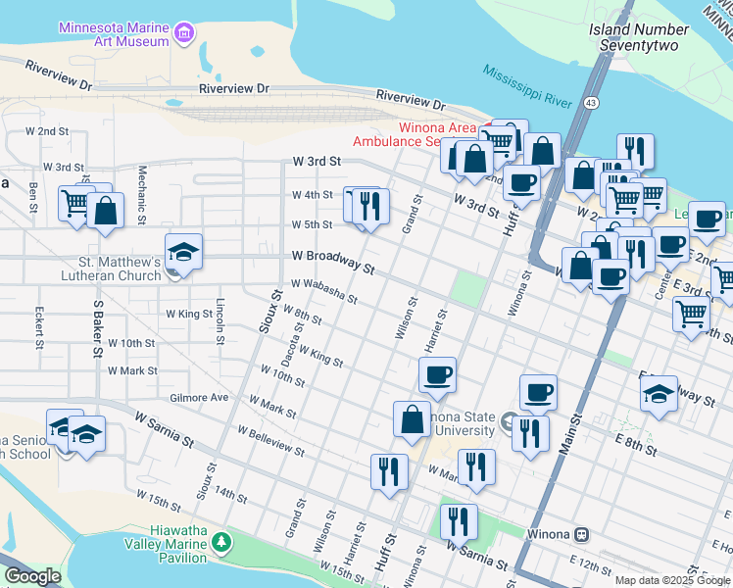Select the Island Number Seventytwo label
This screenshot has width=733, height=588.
pyautogui.click(x=639, y=37)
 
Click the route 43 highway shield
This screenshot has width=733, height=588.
pyautogui.click(x=591, y=102)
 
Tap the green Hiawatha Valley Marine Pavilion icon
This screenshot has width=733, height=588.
pyautogui.click(x=222, y=542)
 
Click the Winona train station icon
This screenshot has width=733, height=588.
pyautogui.click(x=581, y=535)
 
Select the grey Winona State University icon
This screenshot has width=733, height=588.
pyautogui.click(x=508, y=423)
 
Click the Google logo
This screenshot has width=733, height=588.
pyautogui.click(x=32, y=576)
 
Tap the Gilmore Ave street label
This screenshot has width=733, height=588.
pyautogui.click(x=198, y=398)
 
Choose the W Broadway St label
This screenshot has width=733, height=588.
pyautogui.click(x=333, y=261)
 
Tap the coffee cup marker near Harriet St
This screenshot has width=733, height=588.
pyautogui.click(x=437, y=373)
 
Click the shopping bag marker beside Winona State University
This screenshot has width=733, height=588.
pyautogui.click(x=413, y=418)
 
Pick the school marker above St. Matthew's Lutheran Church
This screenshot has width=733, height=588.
pyautogui.click(x=183, y=251)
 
